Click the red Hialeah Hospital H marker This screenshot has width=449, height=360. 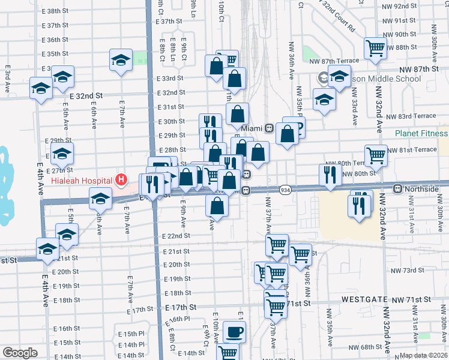pyautogui.click(x=122, y=179)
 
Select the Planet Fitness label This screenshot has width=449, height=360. pyautogui.click(x=421, y=134)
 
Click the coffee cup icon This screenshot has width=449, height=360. pyautogui.click(x=234, y=332)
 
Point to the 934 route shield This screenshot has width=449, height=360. pyautogui.click(x=286, y=190)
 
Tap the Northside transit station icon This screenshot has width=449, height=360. pyautogui.click(x=397, y=189)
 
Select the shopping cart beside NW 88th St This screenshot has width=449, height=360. pyautogui.click(x=376, y=47)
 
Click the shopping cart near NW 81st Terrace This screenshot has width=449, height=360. pyautogui.click(x=376, y=155)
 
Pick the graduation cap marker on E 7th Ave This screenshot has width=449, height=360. pyautogui.click(x=121, y=60)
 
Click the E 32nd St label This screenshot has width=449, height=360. pyautogui.click(x=86, y=96)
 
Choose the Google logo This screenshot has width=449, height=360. pyautogui.click(x=20, y=353)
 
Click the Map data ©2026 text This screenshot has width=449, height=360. pyautogui.click(x=424, y=356)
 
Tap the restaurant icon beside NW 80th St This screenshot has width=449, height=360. pyautogui.click(x=330, y=174)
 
